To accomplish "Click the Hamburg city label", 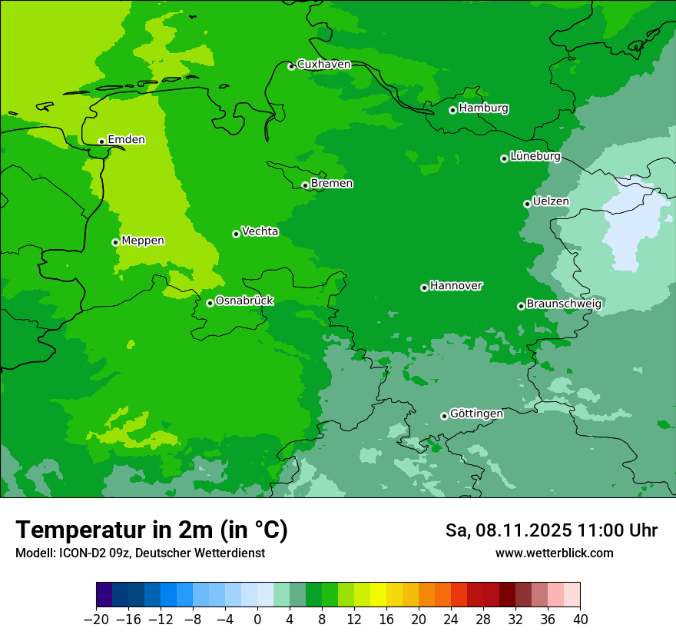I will click(x=483, y=108).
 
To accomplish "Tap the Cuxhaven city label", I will click(x=323, y=65).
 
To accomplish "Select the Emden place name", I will click(x=126, y=140).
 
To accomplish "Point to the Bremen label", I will click(x=332, y=184).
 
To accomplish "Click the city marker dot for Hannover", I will click(x=424, y=287).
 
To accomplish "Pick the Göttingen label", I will click(x=476, y=414).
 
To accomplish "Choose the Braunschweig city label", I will click(x=564, y=304).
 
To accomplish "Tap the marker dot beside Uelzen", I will click(x=527, y=204).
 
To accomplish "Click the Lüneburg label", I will click(x=535, y=157).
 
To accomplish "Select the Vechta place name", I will click(x=260, y=231).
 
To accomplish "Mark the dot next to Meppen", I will click(x=115, y=242).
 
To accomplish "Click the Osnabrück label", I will click(x=244, y=301).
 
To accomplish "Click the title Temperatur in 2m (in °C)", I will click(x=151, y=530).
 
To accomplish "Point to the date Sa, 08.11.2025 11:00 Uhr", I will click(x=552, y=530).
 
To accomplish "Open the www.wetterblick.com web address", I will click(x=554, y=553).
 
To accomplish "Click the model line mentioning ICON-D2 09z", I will click(x=140, y=553).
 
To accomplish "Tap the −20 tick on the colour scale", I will click(x=96, y=620).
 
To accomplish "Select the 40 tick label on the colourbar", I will click(x=580, y=620).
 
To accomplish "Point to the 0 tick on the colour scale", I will click(x=257, y=620).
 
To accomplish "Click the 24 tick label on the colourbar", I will click(x=451, y=620).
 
